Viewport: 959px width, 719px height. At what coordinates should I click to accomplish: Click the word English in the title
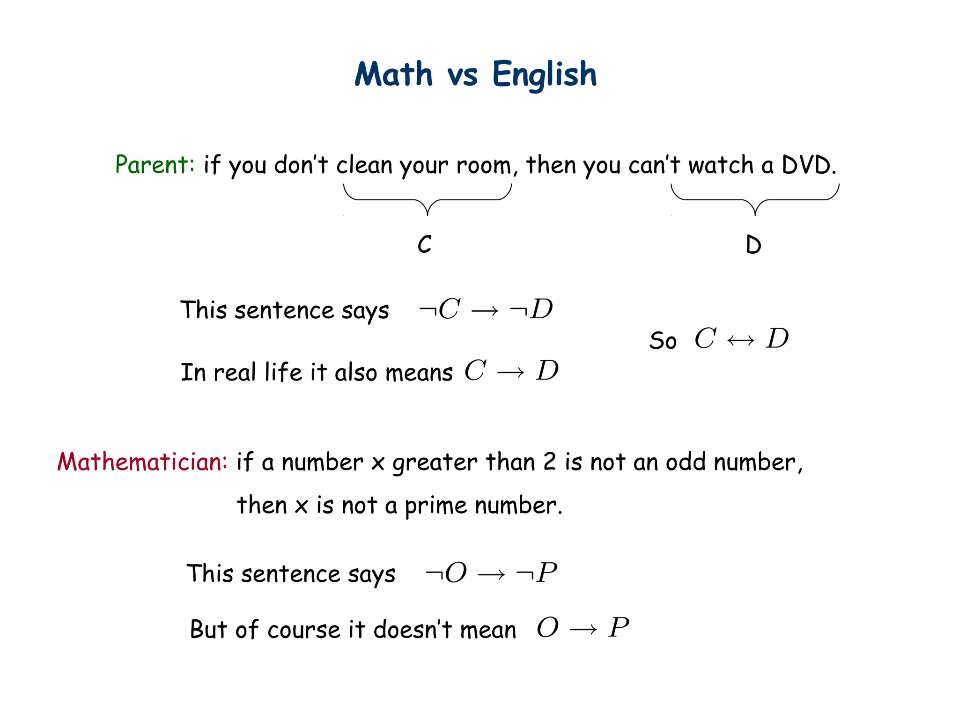pos(545,75)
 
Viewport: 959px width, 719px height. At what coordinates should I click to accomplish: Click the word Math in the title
pos(394,75)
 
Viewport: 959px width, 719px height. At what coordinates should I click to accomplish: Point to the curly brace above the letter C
pos(428,199)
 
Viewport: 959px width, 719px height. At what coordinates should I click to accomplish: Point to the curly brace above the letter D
pos(755,199)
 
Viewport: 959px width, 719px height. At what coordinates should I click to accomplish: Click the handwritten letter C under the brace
pos(425,244)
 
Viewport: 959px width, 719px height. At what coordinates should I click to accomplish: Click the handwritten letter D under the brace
pos(753,245)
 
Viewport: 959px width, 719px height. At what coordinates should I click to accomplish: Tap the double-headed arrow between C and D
pos(741,340)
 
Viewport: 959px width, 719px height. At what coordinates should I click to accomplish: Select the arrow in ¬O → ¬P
pos(491,574)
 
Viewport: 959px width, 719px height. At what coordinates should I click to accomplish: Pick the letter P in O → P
pos(619,627)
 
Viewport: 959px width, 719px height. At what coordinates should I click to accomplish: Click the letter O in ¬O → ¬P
pos(456,572)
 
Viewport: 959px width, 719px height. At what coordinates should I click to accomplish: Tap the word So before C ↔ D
pos(663,340)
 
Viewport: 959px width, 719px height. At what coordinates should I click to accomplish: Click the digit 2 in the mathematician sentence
pos(550,462)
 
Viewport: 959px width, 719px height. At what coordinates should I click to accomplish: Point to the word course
pos(303,630)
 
